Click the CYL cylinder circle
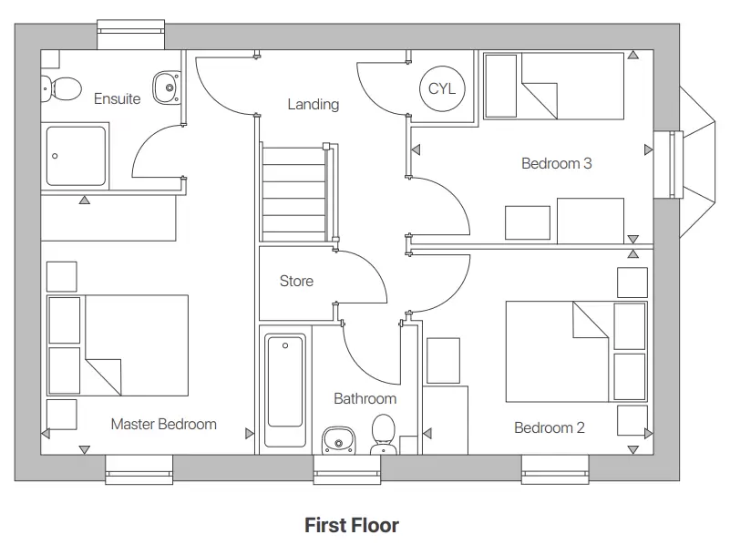tap(442, 88)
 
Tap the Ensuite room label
tap(118, 98)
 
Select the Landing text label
tap(313, 104)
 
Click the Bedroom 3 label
tap(556, 164)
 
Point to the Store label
tap(296, 281)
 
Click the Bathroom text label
tap(365, 398)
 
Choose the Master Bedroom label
tap(164, 424)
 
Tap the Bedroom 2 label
tap(549, 427)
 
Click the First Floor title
tap(351, 525)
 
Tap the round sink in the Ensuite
tap(165, 87)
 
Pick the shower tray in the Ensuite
tap(77, 156)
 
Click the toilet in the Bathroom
tap(383, 434)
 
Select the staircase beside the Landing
tap(294, 193)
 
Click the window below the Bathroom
tap(347, 470)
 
